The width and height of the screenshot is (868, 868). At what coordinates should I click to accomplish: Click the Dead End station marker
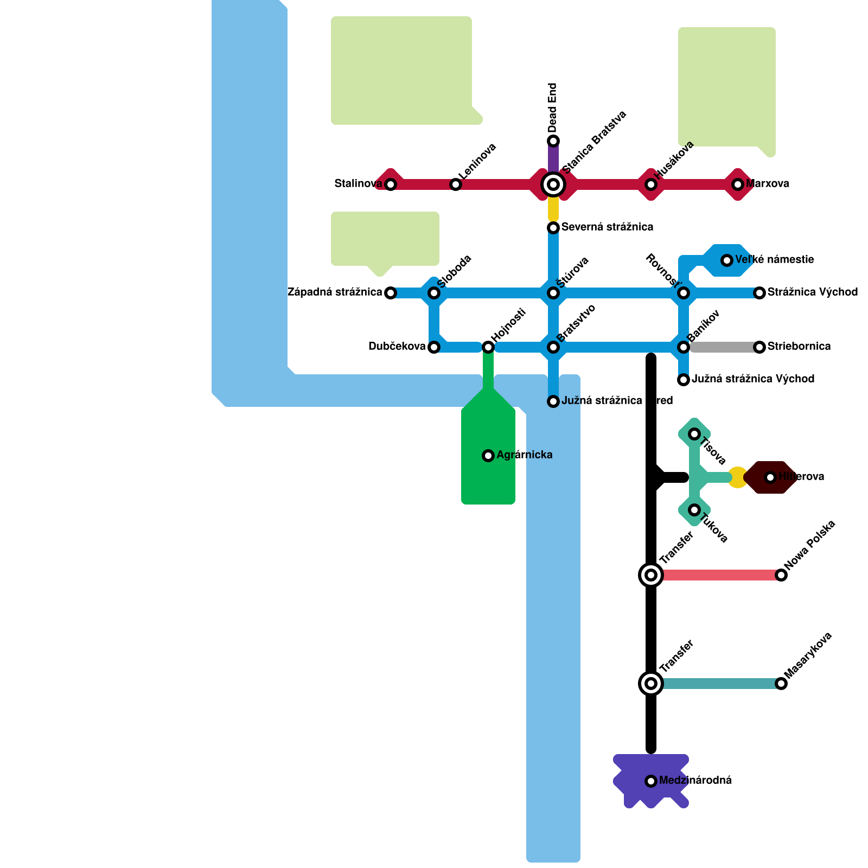pyautogui.click(x=553, y=141)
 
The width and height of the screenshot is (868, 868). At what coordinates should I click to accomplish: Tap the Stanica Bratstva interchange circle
pyautogui.click(x=553, y=184)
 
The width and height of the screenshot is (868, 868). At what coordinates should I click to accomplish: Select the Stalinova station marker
pyautogui.click(x=391, y=184)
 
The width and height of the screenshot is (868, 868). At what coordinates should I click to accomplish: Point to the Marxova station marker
pyautogui.click(x=738, y=184)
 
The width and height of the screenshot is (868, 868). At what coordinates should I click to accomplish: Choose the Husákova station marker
pyautogui.click(x=651, y=184)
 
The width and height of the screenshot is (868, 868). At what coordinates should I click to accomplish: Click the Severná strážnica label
pyautogui.click(x=607, y=227)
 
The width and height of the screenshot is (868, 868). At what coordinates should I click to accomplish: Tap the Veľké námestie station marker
pyautogui.click(x=727, y=260)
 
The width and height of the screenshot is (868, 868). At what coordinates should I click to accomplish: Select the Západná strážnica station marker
pyautogui.click(x=391, y=293)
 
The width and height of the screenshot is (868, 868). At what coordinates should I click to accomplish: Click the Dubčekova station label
pyautogui.click(x=397, y=346)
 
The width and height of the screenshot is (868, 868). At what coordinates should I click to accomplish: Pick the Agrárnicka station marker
pyautogui.click(x=488, y=456)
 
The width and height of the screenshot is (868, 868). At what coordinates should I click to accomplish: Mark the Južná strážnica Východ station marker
pyautogui.click(x=684, y=380)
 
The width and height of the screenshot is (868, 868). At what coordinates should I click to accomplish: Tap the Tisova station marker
pyautogui.click(x=694, y=434)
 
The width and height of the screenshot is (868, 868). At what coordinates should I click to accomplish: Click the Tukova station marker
pyautogui.click(x=694, y=510)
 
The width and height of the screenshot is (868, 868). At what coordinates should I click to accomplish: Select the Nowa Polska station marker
pyautogui.click(x=781, y=575)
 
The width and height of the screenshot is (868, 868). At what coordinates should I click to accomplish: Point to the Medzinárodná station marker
pyautogui.click(x=651, y=781)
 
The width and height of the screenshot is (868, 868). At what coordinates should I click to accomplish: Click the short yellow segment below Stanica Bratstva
pyautogui.click(x=553, y=209)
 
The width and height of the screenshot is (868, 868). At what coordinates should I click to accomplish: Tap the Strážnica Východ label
pyautogui.click(x=812, y=292)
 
